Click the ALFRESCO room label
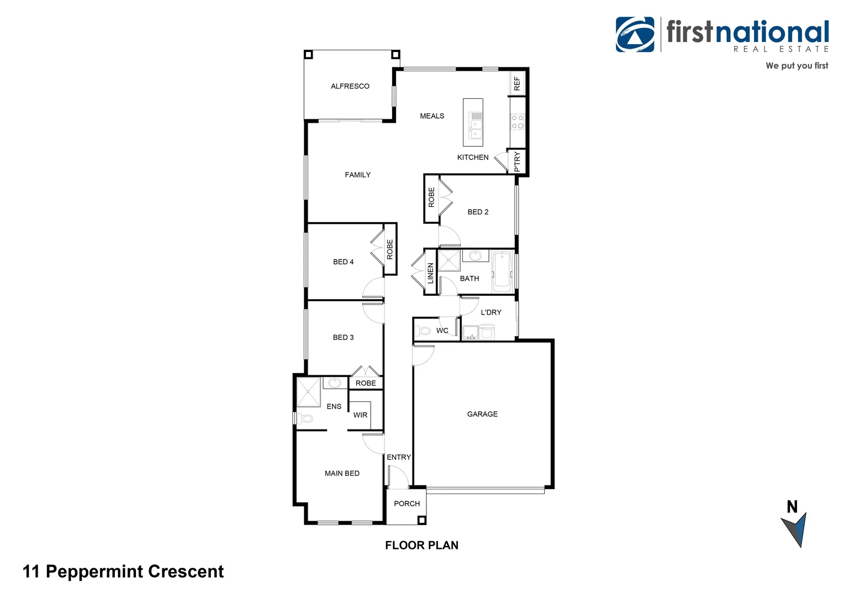pos(350,86)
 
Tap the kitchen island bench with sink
pos(473,122)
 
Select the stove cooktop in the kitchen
pos(517,122)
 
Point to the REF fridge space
pos(517,83)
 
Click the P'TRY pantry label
pos(517,161)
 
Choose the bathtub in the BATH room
pos(502,271)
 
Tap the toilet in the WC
pos(424,331)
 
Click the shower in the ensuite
pos(308,391)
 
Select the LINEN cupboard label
pos(430,273)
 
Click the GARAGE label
pos(482,414)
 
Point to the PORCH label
pos(407,504)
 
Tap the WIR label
pos(360,415)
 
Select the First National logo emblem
pos(635,34)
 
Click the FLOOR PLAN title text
pos(421,545)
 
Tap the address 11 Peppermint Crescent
pos(123,572)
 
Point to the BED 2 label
pos(478,212)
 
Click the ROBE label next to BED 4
pos(390,249)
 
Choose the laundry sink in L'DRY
pos(470,332)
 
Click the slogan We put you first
pos(796,66)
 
